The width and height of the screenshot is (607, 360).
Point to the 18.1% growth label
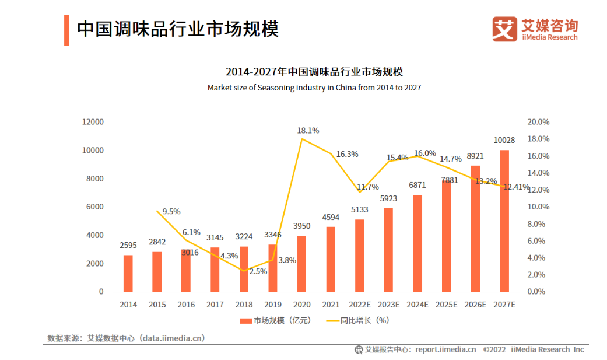tap(308, 131)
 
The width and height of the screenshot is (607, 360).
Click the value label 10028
tap(504, 140)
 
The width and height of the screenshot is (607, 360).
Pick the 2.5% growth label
tap(258, 271)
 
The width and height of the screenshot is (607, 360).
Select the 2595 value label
tap(128, 245)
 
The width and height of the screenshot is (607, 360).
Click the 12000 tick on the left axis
tap(92, 122)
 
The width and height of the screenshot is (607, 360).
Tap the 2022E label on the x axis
tap(359, 305)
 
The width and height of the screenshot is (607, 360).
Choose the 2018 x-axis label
tap(244, 305)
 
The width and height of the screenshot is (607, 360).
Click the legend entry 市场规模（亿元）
tap(275, 320)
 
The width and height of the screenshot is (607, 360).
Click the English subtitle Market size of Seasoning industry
tap(314, 88)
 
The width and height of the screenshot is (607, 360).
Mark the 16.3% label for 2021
tap(348, 155)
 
